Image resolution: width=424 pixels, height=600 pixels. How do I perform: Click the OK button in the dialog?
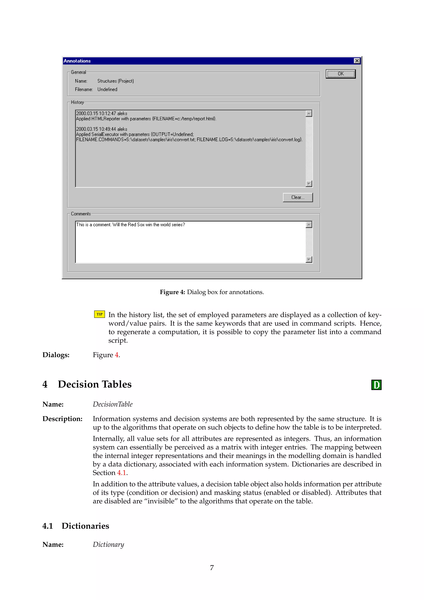340,74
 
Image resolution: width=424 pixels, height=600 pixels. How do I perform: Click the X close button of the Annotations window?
357,61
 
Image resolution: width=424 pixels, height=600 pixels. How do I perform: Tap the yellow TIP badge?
99,314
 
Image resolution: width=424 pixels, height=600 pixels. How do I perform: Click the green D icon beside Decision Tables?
376,385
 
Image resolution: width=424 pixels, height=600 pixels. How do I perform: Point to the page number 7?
212,568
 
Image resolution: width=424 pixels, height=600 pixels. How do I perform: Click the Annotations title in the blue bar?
77,61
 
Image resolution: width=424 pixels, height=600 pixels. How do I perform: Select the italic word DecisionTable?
113,404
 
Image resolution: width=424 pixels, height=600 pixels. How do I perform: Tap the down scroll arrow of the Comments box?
309,259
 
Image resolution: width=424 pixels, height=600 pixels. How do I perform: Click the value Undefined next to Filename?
107,89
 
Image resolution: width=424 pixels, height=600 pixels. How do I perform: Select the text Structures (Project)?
115,81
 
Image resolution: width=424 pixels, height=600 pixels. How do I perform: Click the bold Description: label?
62,419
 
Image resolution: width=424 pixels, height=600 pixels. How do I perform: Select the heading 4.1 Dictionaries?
76,526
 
